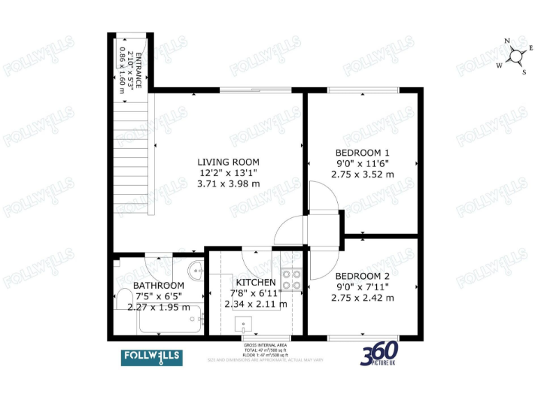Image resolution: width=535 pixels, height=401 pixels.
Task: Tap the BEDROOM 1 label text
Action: [x=362, y=152]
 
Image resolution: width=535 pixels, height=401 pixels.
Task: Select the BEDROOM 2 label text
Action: [x=362, y=275]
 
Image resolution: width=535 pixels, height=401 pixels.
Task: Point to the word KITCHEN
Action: [x=256, y=282]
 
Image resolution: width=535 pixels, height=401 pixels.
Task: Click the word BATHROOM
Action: [x=158, y=285]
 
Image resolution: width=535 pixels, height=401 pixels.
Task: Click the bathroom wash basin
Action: [x=196, y=269]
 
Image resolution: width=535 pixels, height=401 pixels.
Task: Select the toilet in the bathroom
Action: [x=124, y=299]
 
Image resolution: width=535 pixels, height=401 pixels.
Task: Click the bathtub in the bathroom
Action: [x=169, y=319]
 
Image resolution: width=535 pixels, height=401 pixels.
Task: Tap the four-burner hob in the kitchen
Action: [x=292, y=278]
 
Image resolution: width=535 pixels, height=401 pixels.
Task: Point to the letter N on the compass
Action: [x=507, y=41]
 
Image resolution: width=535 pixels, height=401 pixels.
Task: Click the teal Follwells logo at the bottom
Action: [x=152, y=356]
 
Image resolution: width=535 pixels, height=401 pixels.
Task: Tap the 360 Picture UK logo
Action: [x=379, y=353]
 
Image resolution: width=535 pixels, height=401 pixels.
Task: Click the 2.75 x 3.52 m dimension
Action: [x=362, y=175]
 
